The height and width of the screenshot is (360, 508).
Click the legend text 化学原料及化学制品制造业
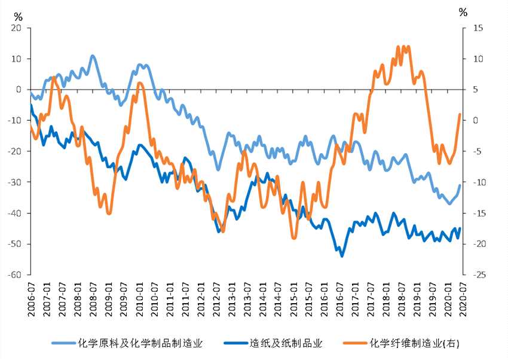140,343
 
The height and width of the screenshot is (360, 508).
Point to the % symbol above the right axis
463,12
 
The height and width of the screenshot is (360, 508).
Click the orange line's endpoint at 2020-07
460,114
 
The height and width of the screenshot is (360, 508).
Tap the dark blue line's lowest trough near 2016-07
342,256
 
